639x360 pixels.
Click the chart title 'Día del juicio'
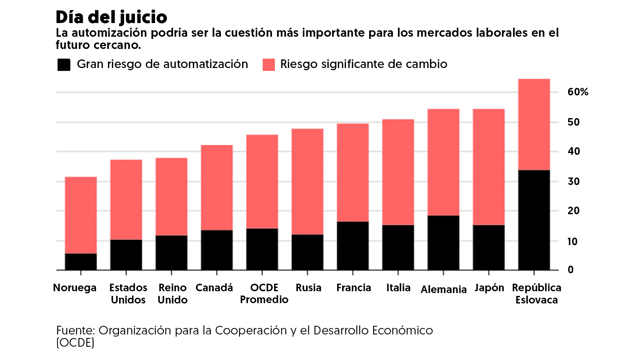coord(111,17)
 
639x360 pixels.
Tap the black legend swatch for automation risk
coord(64,65)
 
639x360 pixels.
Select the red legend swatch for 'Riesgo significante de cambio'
coord(268,65)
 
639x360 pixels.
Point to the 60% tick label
coord(577,92)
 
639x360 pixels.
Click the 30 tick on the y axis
coord(574,181)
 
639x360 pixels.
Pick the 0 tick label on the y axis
coord(571,270)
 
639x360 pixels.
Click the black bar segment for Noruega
coord(81,262)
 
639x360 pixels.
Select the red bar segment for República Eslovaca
coord(534,124)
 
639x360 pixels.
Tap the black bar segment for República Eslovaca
coord(534,220)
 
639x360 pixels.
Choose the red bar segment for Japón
coord(489,167)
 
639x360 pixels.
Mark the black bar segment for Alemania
coord(443,243)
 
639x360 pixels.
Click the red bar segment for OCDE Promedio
coord(262,181)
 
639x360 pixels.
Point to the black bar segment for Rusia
coord(307,252)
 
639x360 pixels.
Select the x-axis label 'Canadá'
coord(214,288)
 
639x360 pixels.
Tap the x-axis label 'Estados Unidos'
coord(128,294)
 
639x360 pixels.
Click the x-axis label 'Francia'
coord(353,288)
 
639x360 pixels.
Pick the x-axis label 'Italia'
coord(398,288)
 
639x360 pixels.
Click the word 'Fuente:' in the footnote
coord(75,330)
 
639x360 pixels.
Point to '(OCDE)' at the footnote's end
coord(75,343)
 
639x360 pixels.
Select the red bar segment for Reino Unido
coord(172,197)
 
